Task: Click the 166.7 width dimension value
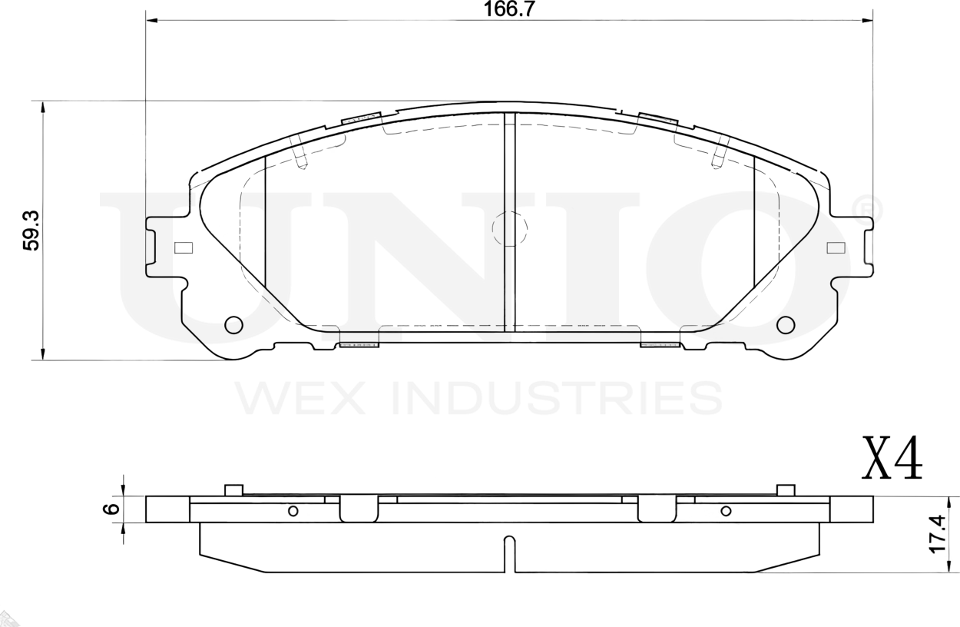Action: [x=509, y=9]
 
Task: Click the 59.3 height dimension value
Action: [x=32, y=231]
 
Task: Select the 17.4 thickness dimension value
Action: [x=937, y=533]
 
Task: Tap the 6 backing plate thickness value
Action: [x=111, y=509]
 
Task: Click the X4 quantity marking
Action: [x=892, y=459]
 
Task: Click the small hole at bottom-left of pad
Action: [x=233, y=325]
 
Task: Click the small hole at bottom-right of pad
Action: [x=785, y=325]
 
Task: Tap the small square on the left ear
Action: [x=183, y=247]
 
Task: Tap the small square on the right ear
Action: [x=836, y=247]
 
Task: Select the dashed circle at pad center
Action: [x=509, y=228]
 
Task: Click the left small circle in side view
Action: [x=293, y=511]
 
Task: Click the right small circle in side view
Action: [x=726, y=511]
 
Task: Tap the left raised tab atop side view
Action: [x=234, y=490]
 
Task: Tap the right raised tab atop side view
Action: [x=785, y=490]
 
